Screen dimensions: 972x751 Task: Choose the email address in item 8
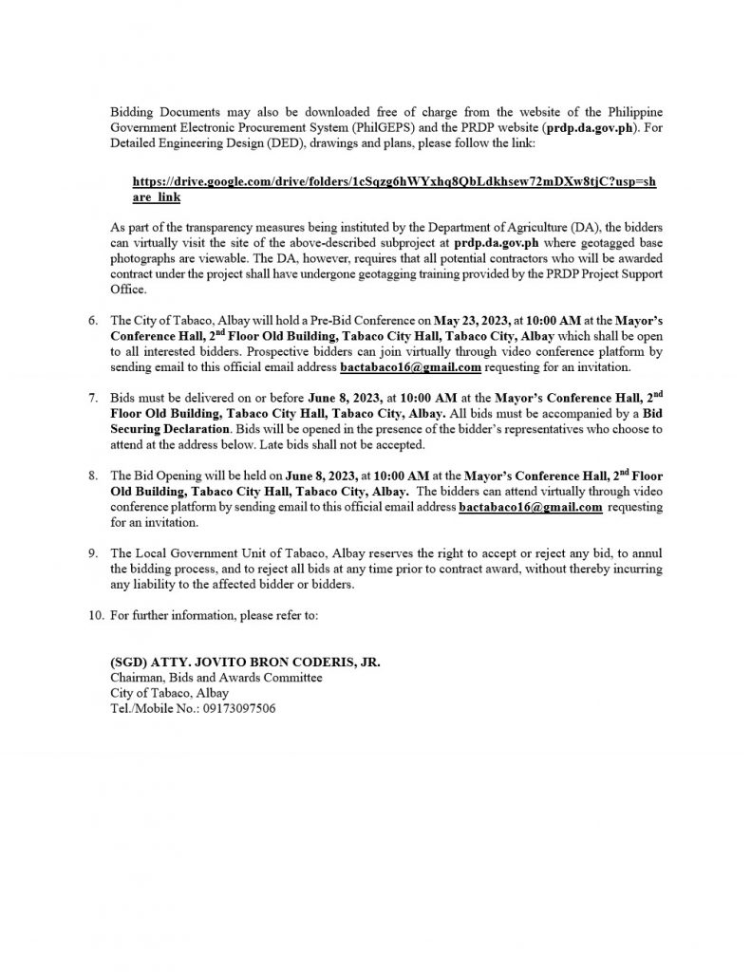click(x=531, y=508)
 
